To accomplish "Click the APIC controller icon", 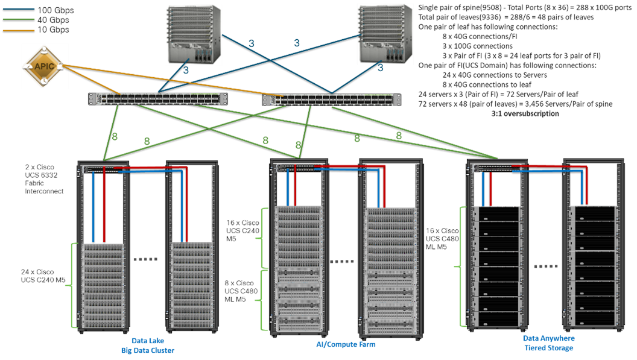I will point(45,66).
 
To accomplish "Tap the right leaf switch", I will point(332,99).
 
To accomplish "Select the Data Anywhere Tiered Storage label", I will point(549,343).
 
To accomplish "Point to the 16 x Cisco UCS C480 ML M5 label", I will point(443,239).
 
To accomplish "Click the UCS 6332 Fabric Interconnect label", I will point(44,178).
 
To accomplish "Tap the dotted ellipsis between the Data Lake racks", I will point(145,259).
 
